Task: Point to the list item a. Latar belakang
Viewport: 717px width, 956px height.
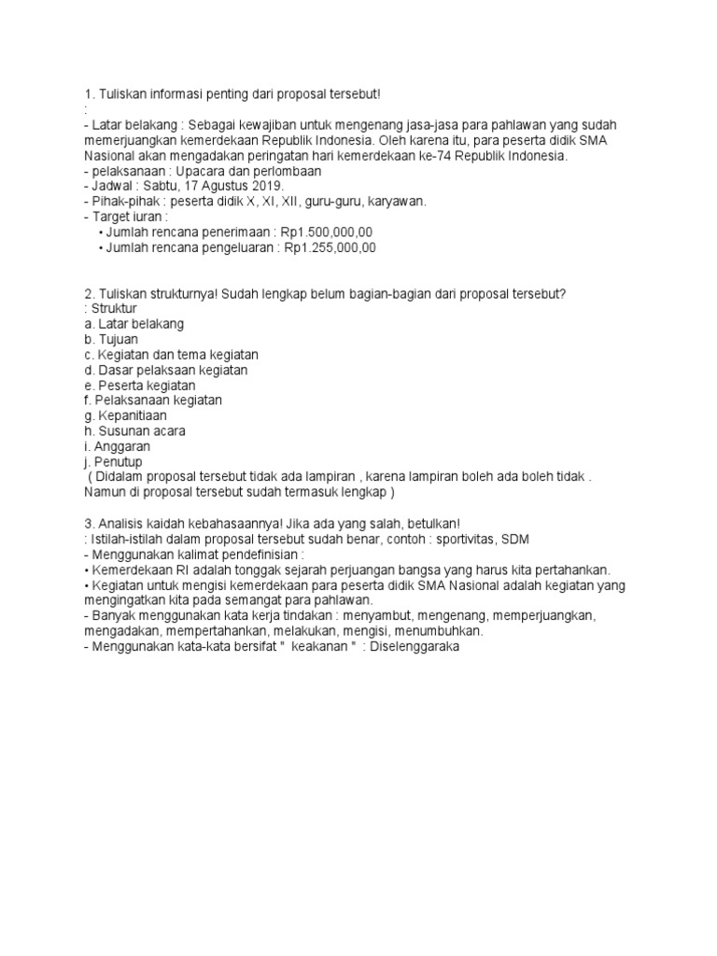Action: (134, 323)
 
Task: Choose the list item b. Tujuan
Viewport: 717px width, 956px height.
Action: (110, 339)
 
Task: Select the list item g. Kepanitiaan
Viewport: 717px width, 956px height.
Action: (125, 415)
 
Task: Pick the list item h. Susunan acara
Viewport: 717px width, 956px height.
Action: (134, 430)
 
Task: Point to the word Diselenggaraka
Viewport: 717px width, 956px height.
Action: (415, 645)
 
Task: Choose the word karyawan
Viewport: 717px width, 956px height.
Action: (396, 201)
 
